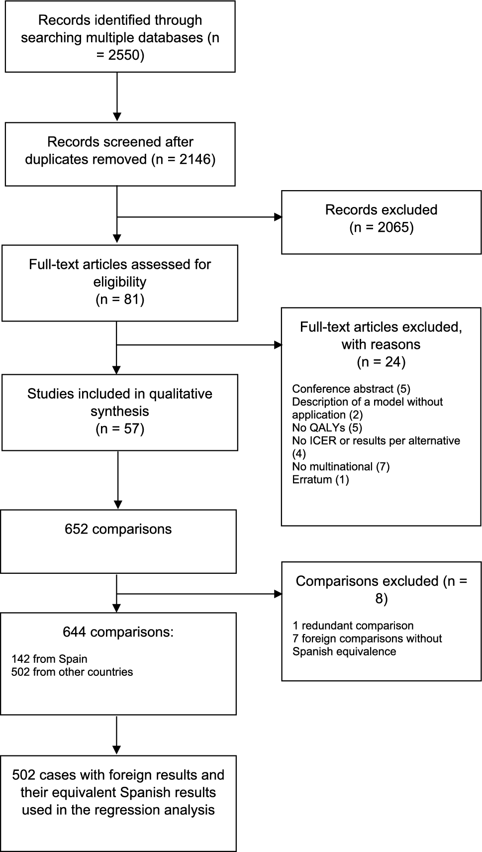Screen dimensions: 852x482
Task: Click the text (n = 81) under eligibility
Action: [119, 300]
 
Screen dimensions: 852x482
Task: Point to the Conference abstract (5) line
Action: [351, 389]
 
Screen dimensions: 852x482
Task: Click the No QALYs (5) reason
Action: [327, 427]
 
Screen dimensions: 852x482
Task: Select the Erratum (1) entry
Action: [320, 479]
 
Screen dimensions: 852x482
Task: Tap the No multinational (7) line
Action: [341, 466]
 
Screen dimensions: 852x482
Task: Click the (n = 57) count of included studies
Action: [119, 429]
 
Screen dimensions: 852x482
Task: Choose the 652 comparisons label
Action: [118, 529]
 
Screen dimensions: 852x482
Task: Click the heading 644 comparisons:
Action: [118, 632]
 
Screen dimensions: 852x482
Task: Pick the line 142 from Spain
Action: [49, 659]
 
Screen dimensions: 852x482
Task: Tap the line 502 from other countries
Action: [72, 672]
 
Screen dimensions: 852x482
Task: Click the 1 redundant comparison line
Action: [353, 626]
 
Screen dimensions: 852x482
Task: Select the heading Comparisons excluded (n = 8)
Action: [381, 589]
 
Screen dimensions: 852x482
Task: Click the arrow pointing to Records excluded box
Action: [199, 217]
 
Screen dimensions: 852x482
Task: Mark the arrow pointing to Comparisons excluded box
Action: [199, 594]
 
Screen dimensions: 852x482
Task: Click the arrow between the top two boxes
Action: [117, 97]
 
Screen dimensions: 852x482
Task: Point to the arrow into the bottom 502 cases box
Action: [116, 735]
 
